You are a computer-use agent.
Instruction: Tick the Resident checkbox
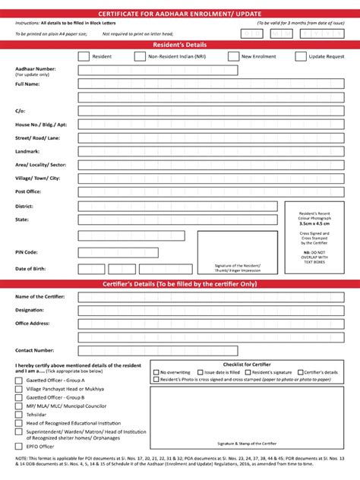(83, 56)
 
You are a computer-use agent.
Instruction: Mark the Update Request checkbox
(301, 56)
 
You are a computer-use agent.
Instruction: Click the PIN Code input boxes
(118, 252)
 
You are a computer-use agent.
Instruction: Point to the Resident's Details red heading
(180, 45)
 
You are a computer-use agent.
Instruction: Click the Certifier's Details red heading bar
(180, 283)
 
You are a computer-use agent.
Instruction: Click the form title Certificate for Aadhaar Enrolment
(180, 14)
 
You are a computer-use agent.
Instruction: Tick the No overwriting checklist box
(156, 373)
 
